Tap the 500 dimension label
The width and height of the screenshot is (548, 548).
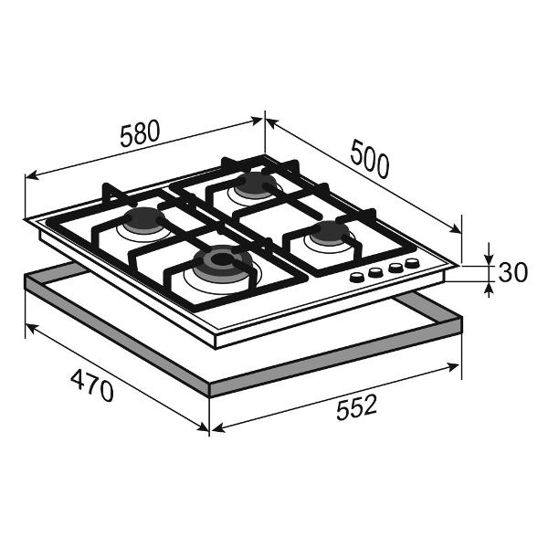point(369,159)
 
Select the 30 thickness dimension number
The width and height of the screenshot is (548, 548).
point(512,272)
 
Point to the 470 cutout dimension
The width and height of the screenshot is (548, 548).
point(92,385)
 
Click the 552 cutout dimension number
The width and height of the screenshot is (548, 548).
point(356,406)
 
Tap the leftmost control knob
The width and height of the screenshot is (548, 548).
point(357,278)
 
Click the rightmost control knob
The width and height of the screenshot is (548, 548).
point(413,263)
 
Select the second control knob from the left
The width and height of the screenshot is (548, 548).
point(375,272)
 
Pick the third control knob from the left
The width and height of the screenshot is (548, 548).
point(395,268)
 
